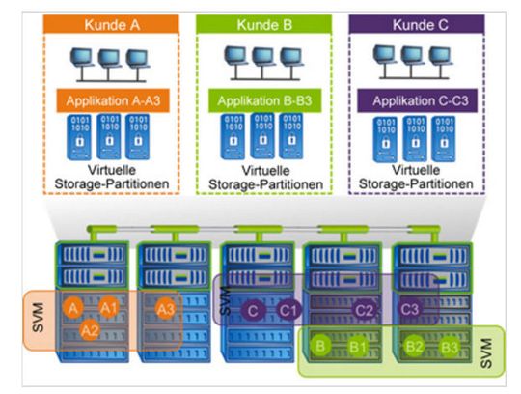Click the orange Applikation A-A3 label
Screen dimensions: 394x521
[108, 98]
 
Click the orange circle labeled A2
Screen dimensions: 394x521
[90, 329]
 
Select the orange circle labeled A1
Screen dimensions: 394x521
[109, 308]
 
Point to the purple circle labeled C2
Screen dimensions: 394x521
[364, 310]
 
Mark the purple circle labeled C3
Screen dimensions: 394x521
[412, 309]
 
